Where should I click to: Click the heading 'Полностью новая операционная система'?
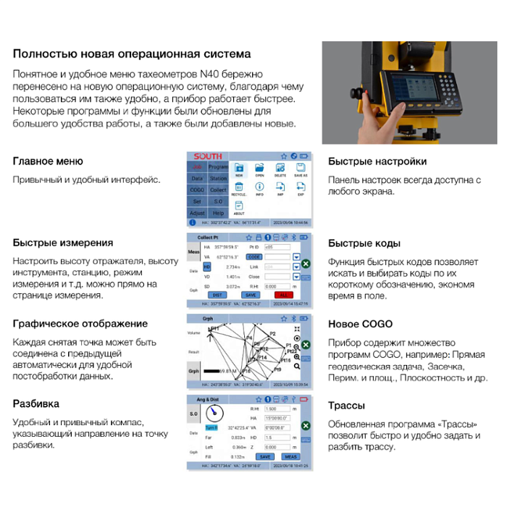pos(132,54)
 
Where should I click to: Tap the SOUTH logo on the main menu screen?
pos(208,156)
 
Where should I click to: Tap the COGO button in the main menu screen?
pos(197,190)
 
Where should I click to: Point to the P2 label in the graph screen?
pos(272,333)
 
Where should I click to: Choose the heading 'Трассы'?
pos(346,406)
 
